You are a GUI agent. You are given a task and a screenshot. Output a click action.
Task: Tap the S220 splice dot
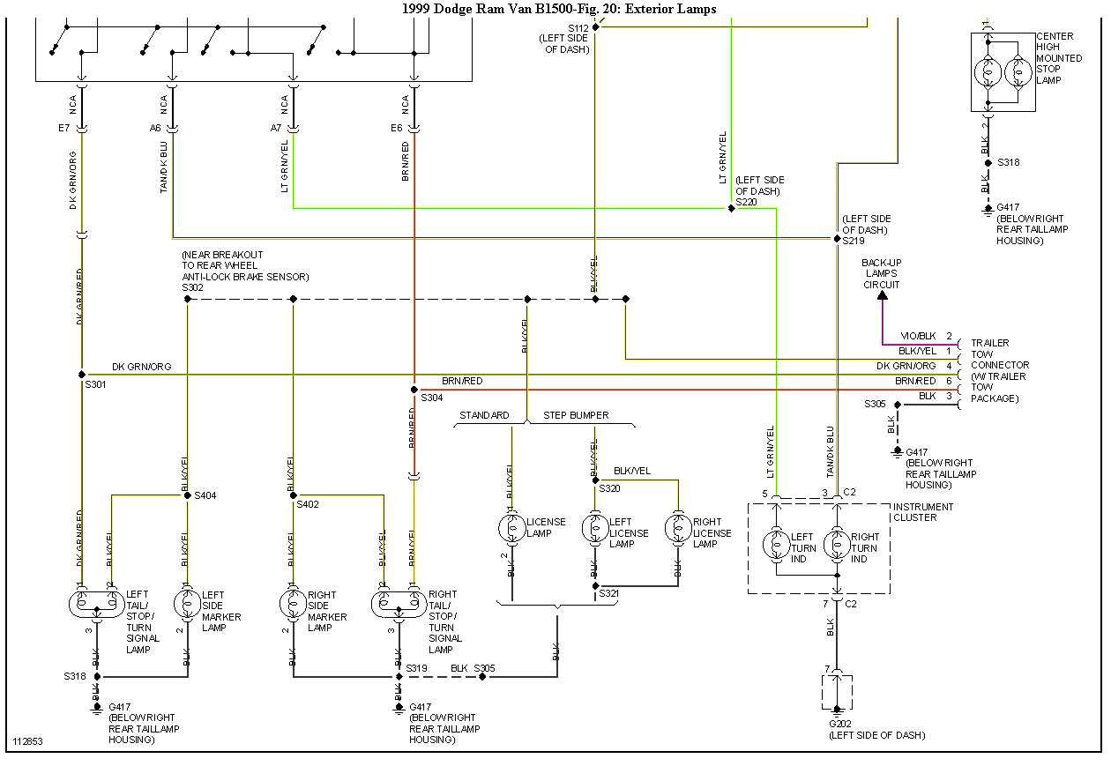tap(731, 209)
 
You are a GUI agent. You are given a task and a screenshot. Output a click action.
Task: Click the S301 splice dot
tap(82, 375)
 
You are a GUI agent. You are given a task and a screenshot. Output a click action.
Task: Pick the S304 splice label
tap(431, 398)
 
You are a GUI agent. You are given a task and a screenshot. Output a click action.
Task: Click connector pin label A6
tap(155, 128)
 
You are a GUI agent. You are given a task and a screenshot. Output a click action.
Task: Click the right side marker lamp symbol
tap(292, 604)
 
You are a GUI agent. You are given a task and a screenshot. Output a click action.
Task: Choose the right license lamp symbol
tap(678, 528)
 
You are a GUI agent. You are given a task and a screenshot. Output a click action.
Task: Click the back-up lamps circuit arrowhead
tap(882, 295)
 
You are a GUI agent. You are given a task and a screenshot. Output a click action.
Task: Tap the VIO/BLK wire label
tap(918, 337)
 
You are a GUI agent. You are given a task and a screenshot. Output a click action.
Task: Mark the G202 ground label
tap(841, 725)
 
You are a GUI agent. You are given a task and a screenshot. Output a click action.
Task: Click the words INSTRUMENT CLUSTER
tap(923, 512)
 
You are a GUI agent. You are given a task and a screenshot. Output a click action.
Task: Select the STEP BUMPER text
tap(576, 415)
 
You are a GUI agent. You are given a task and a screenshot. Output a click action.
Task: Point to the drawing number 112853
tap(27, 741)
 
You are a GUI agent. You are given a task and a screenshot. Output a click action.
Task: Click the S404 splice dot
tap(187, 495)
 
